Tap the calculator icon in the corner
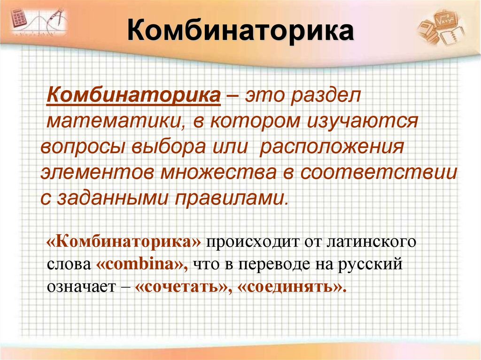coord(18,19)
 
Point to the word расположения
coord(332,147)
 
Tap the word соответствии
coord(379,172)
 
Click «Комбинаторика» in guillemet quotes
coord(124,243)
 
